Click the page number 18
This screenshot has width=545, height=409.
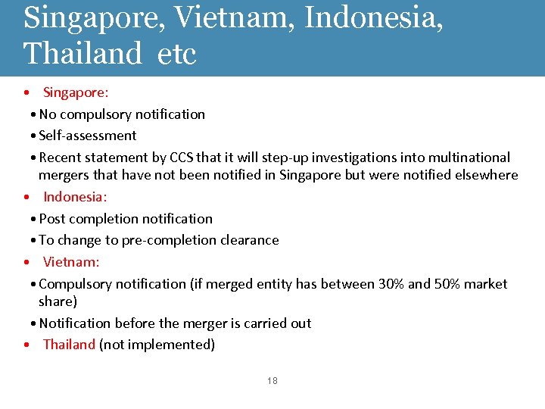272,381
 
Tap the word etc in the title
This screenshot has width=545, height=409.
177,53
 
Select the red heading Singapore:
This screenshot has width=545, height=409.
76,92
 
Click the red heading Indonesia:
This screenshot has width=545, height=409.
75,197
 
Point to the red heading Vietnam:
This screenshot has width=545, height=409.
71,262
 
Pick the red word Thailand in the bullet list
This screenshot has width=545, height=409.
69,345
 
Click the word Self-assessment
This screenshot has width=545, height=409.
88,136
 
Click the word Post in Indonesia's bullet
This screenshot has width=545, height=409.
52,219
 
